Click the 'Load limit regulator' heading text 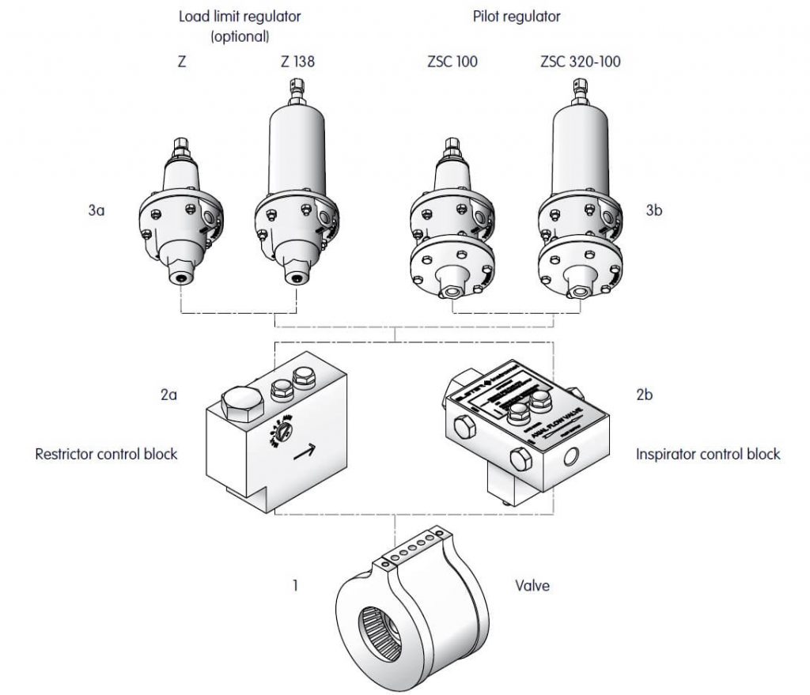[240, 16]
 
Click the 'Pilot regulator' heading [516, 16]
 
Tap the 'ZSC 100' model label [452, 62]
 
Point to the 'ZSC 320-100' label [581, 62]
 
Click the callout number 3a [97, 211]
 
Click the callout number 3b [653, 211]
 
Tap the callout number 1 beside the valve [295, 587]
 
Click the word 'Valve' [532, 587]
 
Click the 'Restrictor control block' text [106, 455]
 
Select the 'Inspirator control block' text [708, 455]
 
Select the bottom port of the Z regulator [183, 278]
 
